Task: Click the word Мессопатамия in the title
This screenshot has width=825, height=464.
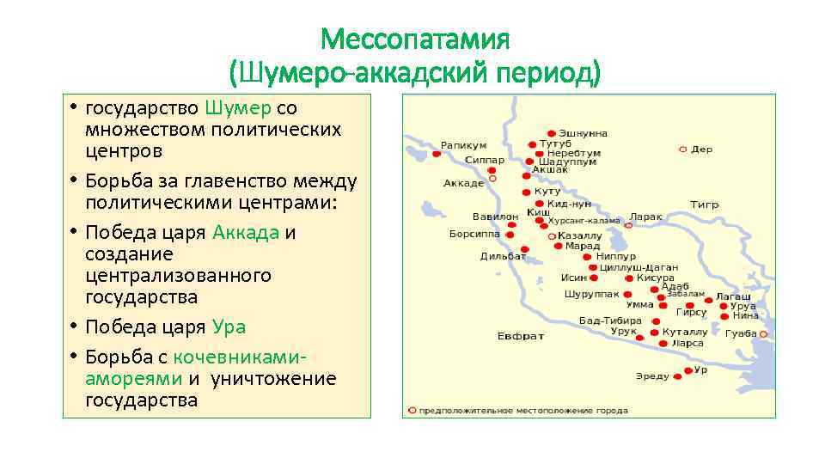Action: point(415,40)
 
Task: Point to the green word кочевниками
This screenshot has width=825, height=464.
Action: point(240,357)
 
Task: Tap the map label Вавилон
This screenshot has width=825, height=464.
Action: point(495,217)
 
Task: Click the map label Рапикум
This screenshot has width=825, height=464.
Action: point(463,145)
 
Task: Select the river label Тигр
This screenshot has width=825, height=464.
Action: point(704,205)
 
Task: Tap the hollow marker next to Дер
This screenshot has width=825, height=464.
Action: point(683,149)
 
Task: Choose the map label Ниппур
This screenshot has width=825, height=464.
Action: point(615,256)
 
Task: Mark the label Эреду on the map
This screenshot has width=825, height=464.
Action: point(651,376)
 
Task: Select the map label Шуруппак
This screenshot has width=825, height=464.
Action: point(591,294)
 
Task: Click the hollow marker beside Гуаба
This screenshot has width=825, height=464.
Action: point(765,333)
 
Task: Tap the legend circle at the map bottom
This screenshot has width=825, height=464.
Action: point(412,411)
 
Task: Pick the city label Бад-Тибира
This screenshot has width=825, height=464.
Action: point(609,321)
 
